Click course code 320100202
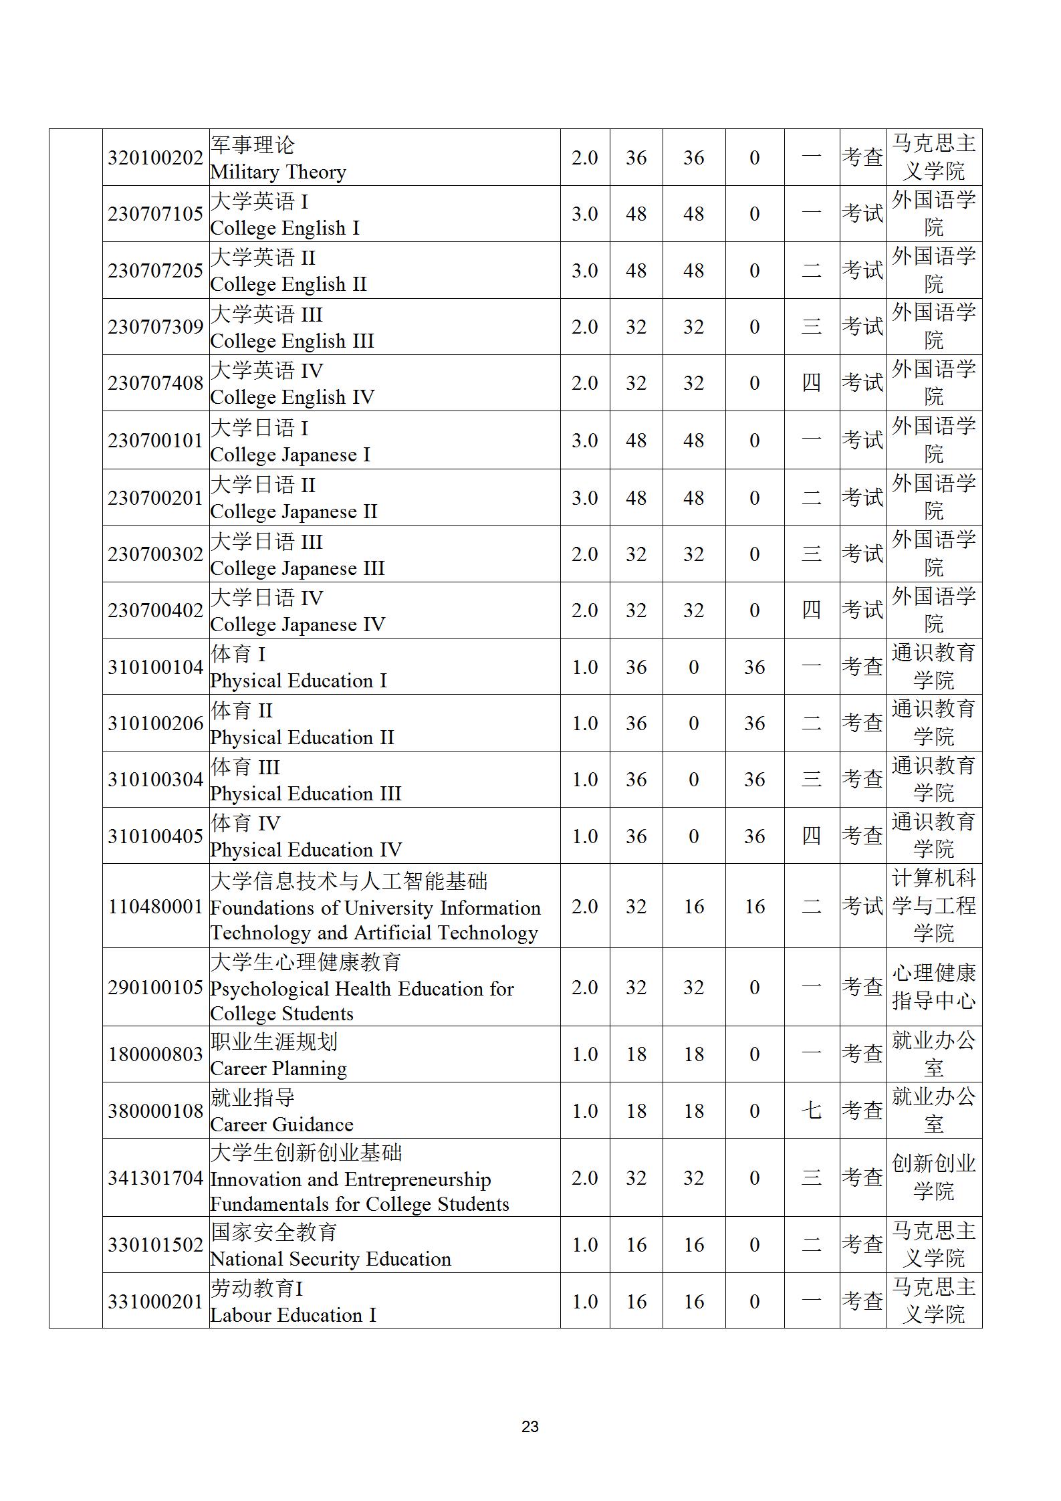point(155,158)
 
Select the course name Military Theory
point(278,172)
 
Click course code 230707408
point(155,383)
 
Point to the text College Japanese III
point(297,568)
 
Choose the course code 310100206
point(155,723)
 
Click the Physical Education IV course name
point(306,850)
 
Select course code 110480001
point(155,907)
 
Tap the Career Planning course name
point(278,1068)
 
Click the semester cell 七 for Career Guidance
point(811,1111)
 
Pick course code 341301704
point(155,1177)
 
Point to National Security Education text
point(330,1259)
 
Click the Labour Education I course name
point(293,1315)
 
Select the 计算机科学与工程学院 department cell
point(933,906)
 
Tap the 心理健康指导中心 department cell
point(933,987)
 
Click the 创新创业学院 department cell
point(933,1177)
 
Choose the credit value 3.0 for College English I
point(584,214)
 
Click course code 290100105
point(155,988)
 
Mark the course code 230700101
point(155,441)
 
